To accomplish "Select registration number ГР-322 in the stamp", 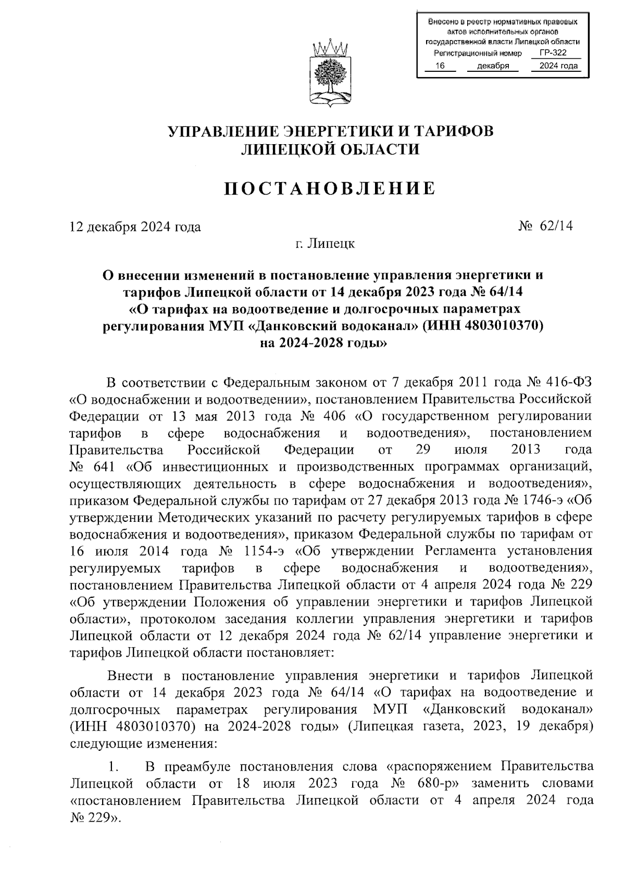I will [553, 53].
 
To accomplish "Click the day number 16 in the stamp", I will [440, 66].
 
